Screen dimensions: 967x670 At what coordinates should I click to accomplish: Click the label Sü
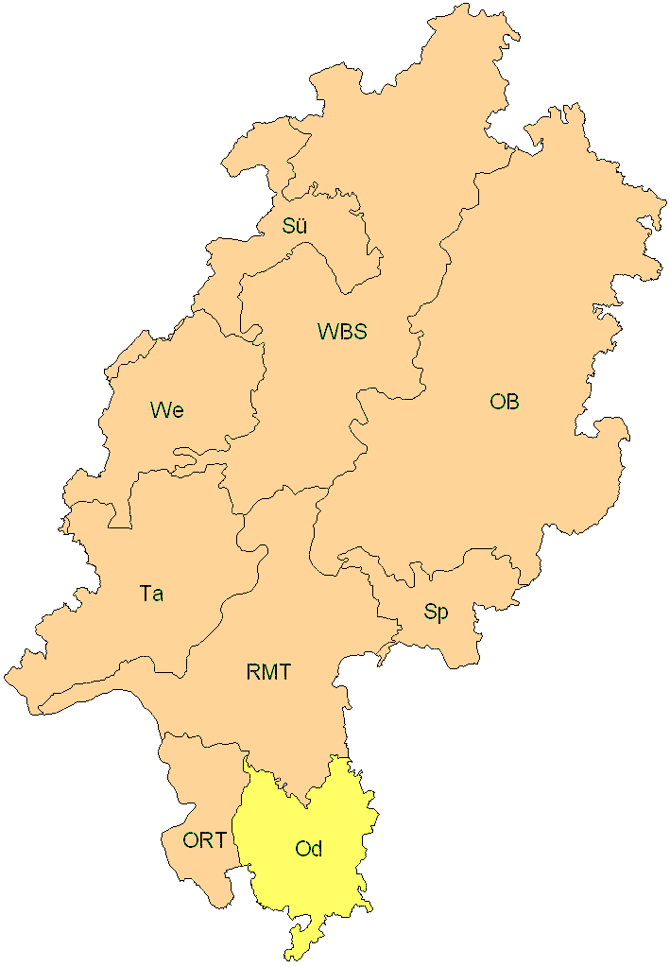pos(295,226)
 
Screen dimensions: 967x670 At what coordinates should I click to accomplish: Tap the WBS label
pos(342,332)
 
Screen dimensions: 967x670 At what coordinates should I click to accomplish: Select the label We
pos(166,409)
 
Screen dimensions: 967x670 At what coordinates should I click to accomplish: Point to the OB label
pos(505,402)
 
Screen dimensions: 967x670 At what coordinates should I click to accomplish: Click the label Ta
pos(151,594)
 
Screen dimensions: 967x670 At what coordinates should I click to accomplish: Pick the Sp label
pos(436,612)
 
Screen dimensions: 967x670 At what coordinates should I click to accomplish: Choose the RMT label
pos(268,673)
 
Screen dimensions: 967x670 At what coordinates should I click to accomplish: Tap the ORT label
pos(204,839)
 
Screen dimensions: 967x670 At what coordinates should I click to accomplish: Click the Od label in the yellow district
pos(309,849)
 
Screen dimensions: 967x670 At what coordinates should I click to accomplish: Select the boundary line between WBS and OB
pos(416,312)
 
